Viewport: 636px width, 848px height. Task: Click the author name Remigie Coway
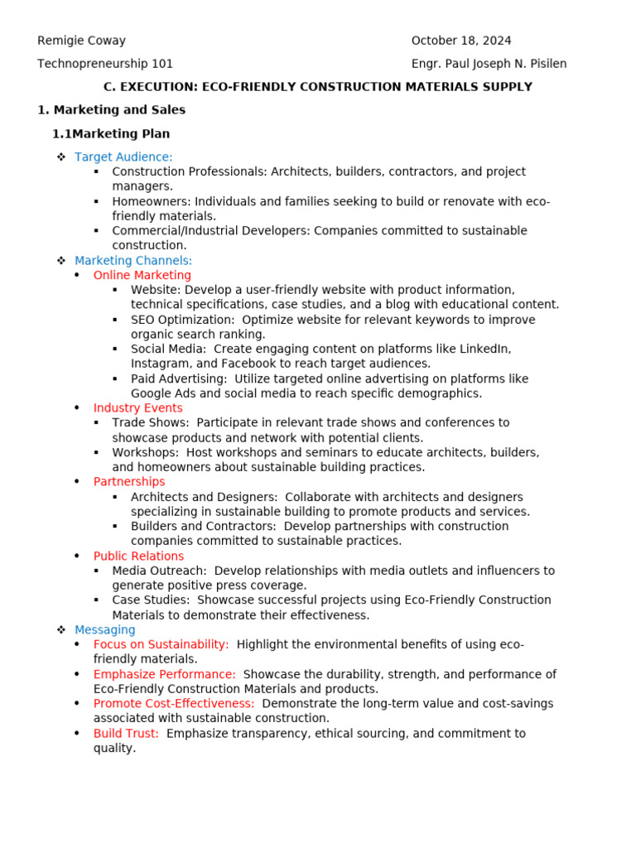(81, 41)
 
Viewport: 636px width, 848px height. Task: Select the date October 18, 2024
(461, 41)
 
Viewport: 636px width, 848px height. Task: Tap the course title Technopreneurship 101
(105, 64)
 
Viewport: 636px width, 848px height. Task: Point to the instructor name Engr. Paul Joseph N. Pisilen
(489, 64)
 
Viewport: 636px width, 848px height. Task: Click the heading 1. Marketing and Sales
(111, 110)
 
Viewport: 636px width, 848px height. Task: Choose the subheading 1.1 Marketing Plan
(111, 133)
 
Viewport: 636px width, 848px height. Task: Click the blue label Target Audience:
(123, 157)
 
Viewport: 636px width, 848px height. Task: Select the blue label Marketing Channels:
(133, 261)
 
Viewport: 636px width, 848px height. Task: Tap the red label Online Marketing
(142, 276)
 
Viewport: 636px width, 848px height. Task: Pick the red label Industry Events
(137, 408)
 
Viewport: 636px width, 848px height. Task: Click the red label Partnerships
(128, 482)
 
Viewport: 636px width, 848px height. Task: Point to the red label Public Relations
(138, 556)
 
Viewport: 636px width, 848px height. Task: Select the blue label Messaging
(104, 630)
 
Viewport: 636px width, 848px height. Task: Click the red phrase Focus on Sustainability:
(161, 644)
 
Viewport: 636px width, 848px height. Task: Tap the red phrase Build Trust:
(126, 734)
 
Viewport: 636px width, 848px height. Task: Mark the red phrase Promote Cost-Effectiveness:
(174, 704)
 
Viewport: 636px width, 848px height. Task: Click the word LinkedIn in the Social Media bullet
(486, 349)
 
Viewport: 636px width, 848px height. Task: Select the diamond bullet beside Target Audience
(60, 157)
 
